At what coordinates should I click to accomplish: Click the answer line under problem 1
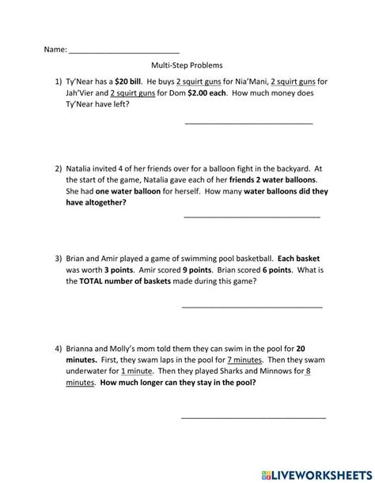248,123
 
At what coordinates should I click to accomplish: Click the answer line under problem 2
252,217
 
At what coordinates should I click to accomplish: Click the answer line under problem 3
252,306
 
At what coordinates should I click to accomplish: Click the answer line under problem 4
253,417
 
